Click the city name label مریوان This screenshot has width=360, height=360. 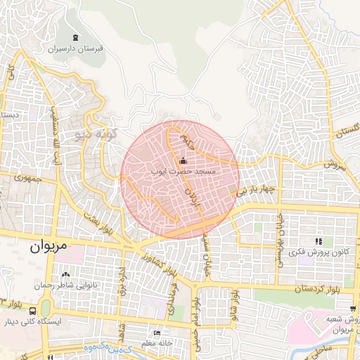point(47,248)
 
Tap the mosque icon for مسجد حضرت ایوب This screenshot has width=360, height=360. point(184,160)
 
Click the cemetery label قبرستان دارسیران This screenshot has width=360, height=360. point(76,50)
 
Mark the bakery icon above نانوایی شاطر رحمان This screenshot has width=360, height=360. point(65,274)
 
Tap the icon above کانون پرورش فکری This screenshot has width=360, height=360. point(319,240)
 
